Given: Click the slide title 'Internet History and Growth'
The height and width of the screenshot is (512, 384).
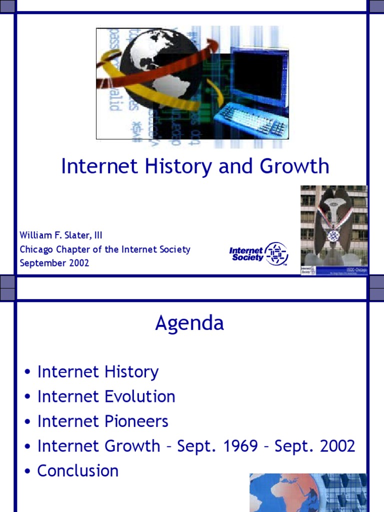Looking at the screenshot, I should pyautogui.click(x=195, y=166).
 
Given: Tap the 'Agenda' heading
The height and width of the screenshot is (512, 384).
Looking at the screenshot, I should pyautogui.click(x=189, y=323).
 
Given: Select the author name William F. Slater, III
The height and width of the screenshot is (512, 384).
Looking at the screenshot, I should pyautogui.click(x=61, y=235).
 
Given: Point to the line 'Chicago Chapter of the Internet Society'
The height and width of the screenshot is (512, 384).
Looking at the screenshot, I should pyautogui.click(x=105, y=249).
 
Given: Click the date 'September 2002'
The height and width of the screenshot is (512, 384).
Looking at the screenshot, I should pyautogui.click(x=54, y=263).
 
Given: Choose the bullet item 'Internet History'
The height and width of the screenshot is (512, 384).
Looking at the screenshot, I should pyautogui.click(x=97, y=372).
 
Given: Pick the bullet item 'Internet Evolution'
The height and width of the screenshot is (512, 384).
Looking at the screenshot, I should pyautogui.click(x=106, y=397).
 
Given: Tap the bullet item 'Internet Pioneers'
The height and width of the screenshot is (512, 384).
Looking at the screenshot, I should pyautogui.click(x=102, y=421).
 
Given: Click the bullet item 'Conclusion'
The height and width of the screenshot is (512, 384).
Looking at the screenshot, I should pyautogui.click(x=77, y=471).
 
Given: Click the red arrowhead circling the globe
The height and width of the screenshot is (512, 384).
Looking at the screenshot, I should pyautogui.click(x=212, y=46).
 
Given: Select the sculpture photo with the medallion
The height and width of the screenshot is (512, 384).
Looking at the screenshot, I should pyautogui.click(x=333, y=230).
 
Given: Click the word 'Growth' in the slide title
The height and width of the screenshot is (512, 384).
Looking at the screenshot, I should pyautogui.click(x=299, y=166).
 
